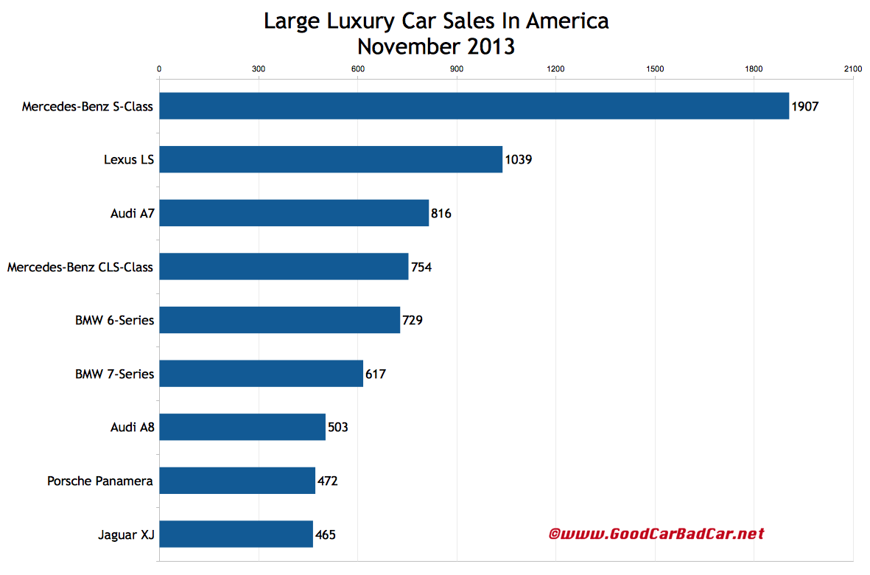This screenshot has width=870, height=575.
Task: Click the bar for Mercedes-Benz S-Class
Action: (474, 106)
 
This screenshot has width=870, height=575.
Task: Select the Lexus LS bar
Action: (331, 159)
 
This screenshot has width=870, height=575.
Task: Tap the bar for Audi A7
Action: (294, 213)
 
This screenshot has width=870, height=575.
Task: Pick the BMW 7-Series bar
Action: (261, 374)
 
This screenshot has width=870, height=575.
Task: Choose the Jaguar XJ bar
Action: (236, 534)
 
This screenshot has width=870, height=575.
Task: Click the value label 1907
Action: (805, 106)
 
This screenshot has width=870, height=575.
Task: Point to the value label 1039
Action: (519, 159)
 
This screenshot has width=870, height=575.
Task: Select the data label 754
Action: (421, 267)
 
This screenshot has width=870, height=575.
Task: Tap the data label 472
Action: (328, 481)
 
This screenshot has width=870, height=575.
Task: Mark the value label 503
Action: (337, 428)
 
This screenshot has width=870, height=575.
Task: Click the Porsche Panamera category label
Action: (100, 481)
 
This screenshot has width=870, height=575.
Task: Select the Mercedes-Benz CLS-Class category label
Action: (80, 267)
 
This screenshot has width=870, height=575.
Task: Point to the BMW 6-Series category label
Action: (115, 321)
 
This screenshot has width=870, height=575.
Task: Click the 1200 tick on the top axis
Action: (555, 69)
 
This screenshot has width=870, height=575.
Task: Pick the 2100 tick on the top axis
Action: (852, 69)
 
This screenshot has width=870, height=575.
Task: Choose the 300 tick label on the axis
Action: (259, 69)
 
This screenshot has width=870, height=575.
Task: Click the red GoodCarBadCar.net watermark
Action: (656, 534)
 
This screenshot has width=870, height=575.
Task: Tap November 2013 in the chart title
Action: (436, 46)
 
